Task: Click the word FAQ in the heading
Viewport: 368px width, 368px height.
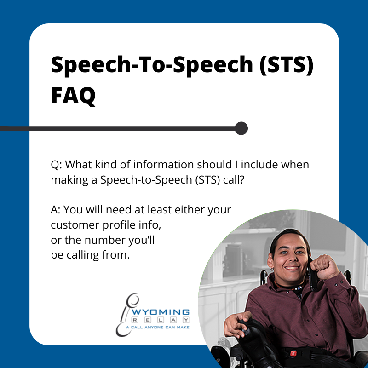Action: point(73,95)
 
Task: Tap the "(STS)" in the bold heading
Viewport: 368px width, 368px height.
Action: point(287,65)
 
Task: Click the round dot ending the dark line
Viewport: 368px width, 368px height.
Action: point(241,128)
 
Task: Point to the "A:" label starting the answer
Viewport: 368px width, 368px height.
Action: point(56,210)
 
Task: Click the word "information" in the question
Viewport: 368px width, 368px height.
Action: point(164,165)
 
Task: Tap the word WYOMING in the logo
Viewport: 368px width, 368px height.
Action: point(161,312)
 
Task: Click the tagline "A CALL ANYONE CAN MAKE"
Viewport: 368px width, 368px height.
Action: point(157,327)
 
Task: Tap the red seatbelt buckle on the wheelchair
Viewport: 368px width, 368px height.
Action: point(293,353)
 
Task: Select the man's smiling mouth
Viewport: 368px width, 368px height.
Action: point(292,268)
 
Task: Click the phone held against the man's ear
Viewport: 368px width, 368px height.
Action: point(313,272)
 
